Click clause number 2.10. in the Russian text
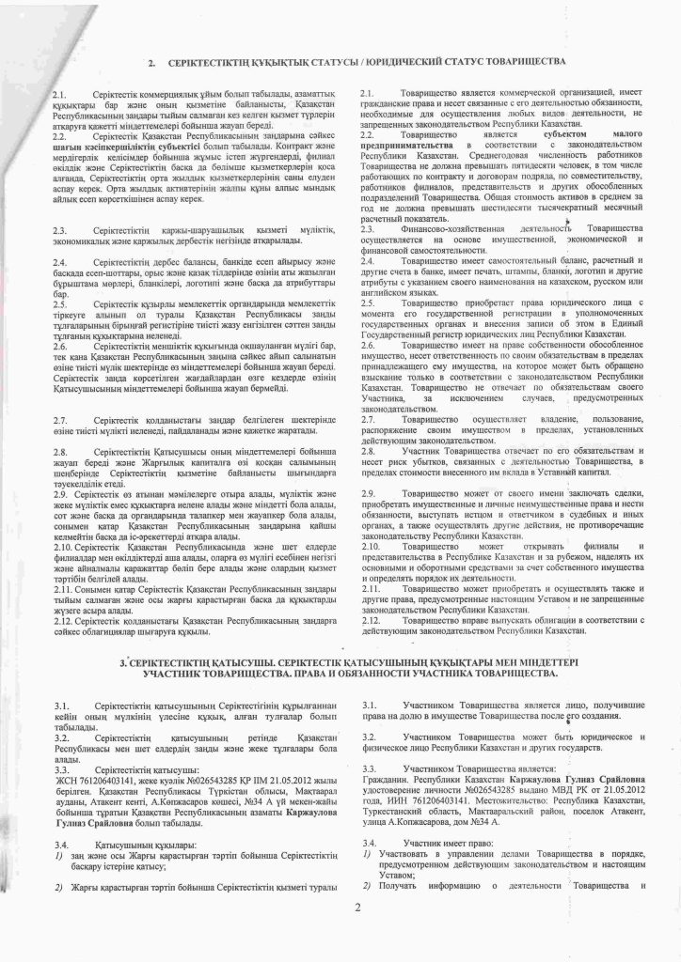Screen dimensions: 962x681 point(372,545)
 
